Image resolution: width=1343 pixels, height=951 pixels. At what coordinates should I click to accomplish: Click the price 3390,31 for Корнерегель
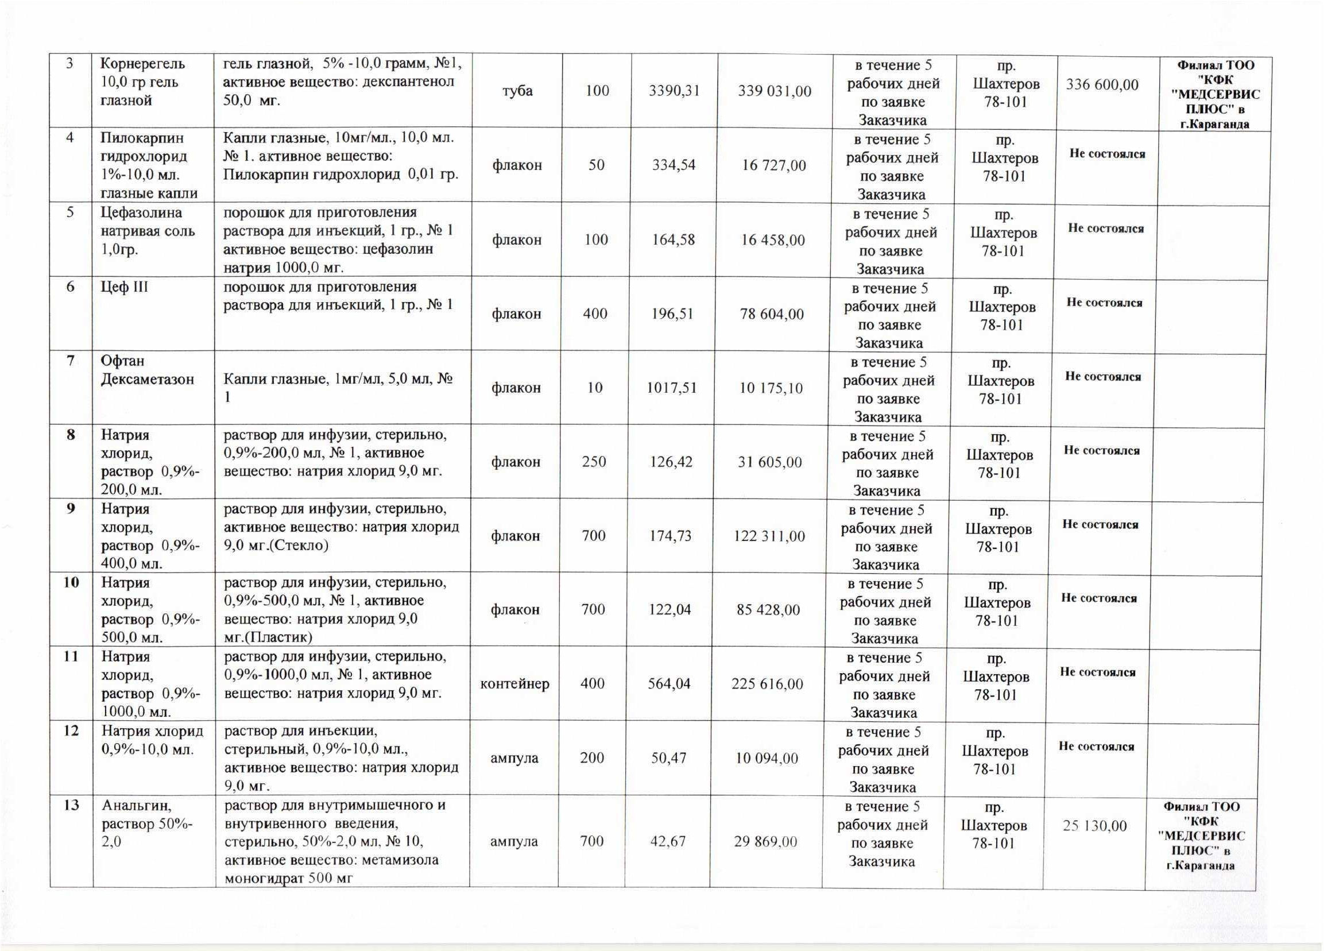(675, 91)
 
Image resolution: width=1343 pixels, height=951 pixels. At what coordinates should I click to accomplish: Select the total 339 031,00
(775, 91)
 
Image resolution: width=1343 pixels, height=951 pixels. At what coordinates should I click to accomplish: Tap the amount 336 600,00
(1102, 85)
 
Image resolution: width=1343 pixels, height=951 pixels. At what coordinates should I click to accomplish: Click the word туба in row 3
(517, 91)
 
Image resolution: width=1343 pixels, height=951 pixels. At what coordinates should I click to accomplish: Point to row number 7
(71, 360)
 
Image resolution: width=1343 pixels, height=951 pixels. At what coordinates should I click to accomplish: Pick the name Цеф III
(125, 287)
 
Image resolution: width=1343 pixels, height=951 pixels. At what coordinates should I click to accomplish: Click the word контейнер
(514, 683)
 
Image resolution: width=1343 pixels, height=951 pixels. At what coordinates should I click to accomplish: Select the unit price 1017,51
(672, 388)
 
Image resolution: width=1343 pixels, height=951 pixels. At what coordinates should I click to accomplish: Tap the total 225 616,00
(767, 683)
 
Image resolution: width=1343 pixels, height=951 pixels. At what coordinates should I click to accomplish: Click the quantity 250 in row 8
(594, 462)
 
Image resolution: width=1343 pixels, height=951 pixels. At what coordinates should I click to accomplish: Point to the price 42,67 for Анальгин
(668, 841)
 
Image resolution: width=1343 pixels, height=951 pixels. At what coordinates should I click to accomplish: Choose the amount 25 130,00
(1095, 826)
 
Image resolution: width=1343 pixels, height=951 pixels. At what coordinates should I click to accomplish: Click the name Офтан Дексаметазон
(147, 369)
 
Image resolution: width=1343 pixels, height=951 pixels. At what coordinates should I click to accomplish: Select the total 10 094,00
(767, 757)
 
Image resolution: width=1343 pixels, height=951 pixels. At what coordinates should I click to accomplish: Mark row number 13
(71, 805)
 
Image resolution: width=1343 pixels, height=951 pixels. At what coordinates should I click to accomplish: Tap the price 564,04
(669, 683)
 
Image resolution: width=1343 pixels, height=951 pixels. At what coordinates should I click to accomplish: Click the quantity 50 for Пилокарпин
(596, 165)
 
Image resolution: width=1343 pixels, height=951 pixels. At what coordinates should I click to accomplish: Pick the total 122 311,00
(769, 536)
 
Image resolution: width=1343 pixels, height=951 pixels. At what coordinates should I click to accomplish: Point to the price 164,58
(674, 239)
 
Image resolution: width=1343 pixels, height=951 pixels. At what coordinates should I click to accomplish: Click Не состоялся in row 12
(1096, 746)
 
